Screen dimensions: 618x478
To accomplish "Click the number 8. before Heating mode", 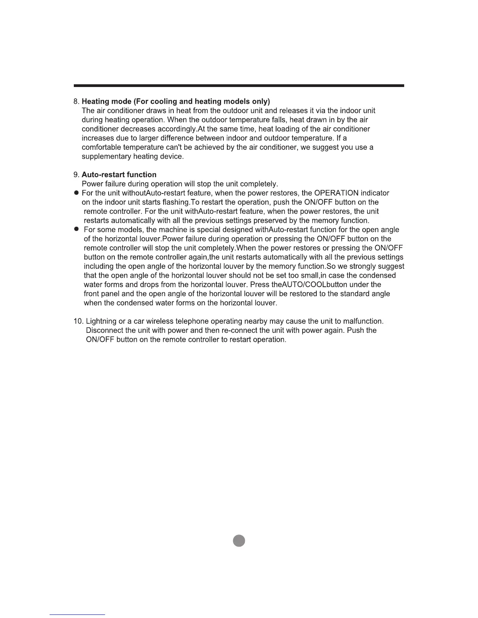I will click(77, 102).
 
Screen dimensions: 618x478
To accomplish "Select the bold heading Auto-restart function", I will click(119, 175).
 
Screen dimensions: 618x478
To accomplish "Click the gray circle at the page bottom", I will click(239, 541).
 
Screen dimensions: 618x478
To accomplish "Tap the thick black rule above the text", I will click(239, 85).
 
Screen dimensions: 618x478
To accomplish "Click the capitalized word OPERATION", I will click(336, 193).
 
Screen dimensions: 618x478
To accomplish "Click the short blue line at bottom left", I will click(77, 614).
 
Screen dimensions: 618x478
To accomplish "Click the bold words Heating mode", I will click(107, 102).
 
